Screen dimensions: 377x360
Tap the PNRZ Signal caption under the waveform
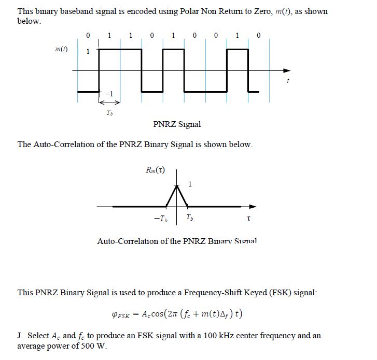tap(177, 124)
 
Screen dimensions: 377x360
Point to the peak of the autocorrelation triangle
tap(177, 185)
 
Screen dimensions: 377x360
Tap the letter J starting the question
tap(20, 336)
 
